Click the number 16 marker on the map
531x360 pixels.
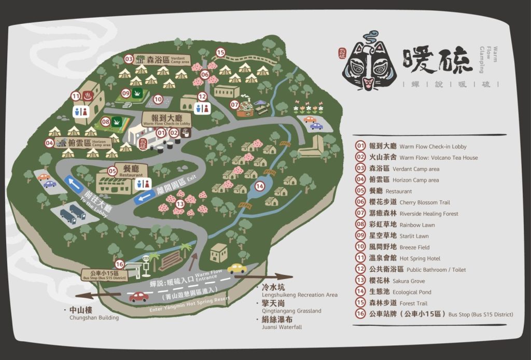coord(119,265)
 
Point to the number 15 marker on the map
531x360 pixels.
coord(220,52)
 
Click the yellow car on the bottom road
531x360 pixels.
coord(237,268)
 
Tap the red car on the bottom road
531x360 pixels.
coord(138,297)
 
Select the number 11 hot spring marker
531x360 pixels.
coord(76,95)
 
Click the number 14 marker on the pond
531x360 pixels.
coord(260,186)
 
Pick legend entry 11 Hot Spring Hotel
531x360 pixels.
coord(404,258)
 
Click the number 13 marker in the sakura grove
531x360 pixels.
coord(180,204)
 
